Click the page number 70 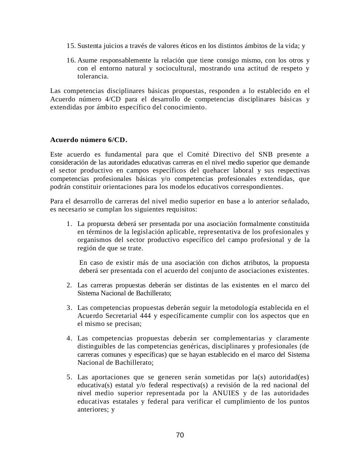coord(180,435)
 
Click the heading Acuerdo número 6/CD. coord(89,140)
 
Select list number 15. coord(71,46)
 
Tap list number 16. coord(71,60)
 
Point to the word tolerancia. coord(93,76)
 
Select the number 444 coord(144,316)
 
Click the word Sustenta coord(89,46)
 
